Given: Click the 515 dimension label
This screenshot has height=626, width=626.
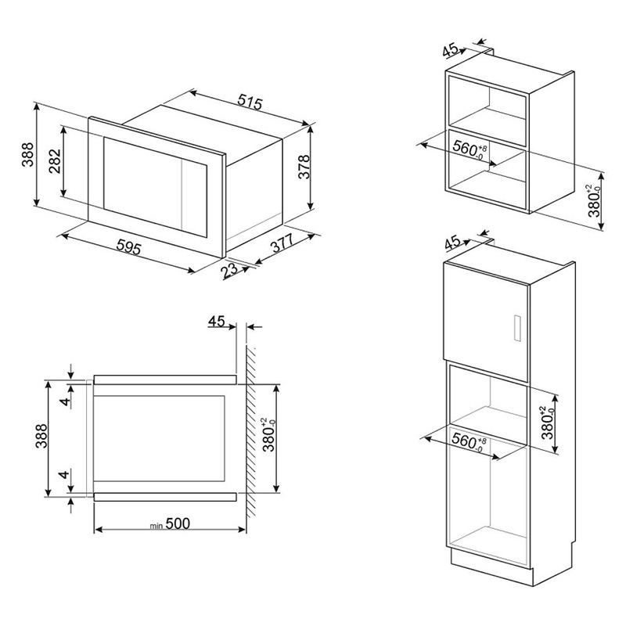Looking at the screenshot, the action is pos(250,102).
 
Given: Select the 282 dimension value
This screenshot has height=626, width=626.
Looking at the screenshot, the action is pos(54,160).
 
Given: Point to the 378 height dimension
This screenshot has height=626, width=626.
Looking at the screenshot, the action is pos(304,167).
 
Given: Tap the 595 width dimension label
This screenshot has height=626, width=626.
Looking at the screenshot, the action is pos(129,247).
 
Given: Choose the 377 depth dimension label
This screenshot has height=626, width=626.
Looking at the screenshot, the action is pos(282,243).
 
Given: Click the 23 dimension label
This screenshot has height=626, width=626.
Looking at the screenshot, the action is pos(229,270).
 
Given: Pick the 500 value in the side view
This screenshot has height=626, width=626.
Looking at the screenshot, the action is pos(178,523).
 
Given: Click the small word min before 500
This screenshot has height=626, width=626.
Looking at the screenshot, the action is pos(156,526).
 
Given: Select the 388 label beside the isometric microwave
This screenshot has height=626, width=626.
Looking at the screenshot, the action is pos(27,154).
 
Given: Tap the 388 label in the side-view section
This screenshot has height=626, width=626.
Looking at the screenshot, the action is pos(41,436).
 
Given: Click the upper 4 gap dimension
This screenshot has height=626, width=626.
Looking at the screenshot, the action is pos(64,399).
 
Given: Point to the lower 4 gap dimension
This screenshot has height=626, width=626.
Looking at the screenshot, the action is pos(64,475).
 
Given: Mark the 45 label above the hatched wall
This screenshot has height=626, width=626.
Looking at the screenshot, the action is pos(217,321).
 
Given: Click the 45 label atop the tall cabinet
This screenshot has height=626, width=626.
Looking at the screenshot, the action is pos(452,243).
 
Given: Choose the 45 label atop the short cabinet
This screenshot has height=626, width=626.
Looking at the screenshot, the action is pos(451,50).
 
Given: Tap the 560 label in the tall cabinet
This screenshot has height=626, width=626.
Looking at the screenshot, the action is pos(470,441).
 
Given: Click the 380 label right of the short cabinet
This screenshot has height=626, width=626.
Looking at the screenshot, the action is pos(594,201).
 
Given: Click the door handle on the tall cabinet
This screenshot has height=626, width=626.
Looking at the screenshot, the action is pos(516,328).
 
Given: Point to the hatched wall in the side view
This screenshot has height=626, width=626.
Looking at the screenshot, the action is pos(250,431).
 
